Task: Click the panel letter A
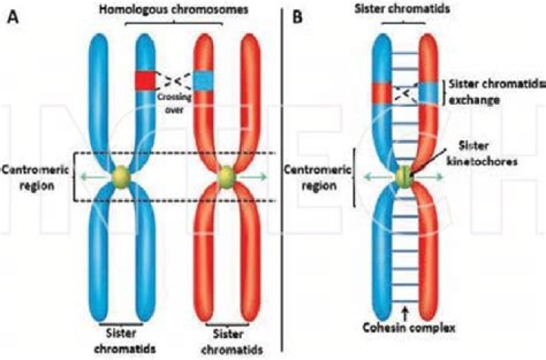click(13, 16)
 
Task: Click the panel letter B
click(298, 16)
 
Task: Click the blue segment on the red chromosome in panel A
click(204, 80)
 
